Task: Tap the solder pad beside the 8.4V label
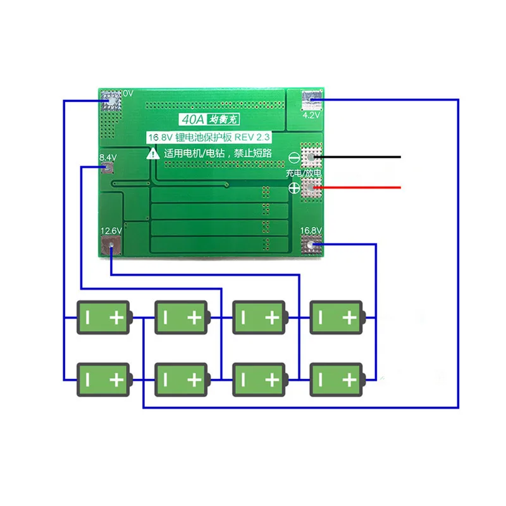tap(108, 168)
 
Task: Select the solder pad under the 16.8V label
tap(312, 246)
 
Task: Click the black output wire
tap(361, 156)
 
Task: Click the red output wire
tap(361, 187)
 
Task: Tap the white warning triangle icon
tap(152, 152)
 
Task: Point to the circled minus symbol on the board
tap(294, 158)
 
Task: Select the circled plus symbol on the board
tap(294, 187)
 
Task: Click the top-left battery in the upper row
tap(104, 317)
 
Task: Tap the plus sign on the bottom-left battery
tap(116, 379)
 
